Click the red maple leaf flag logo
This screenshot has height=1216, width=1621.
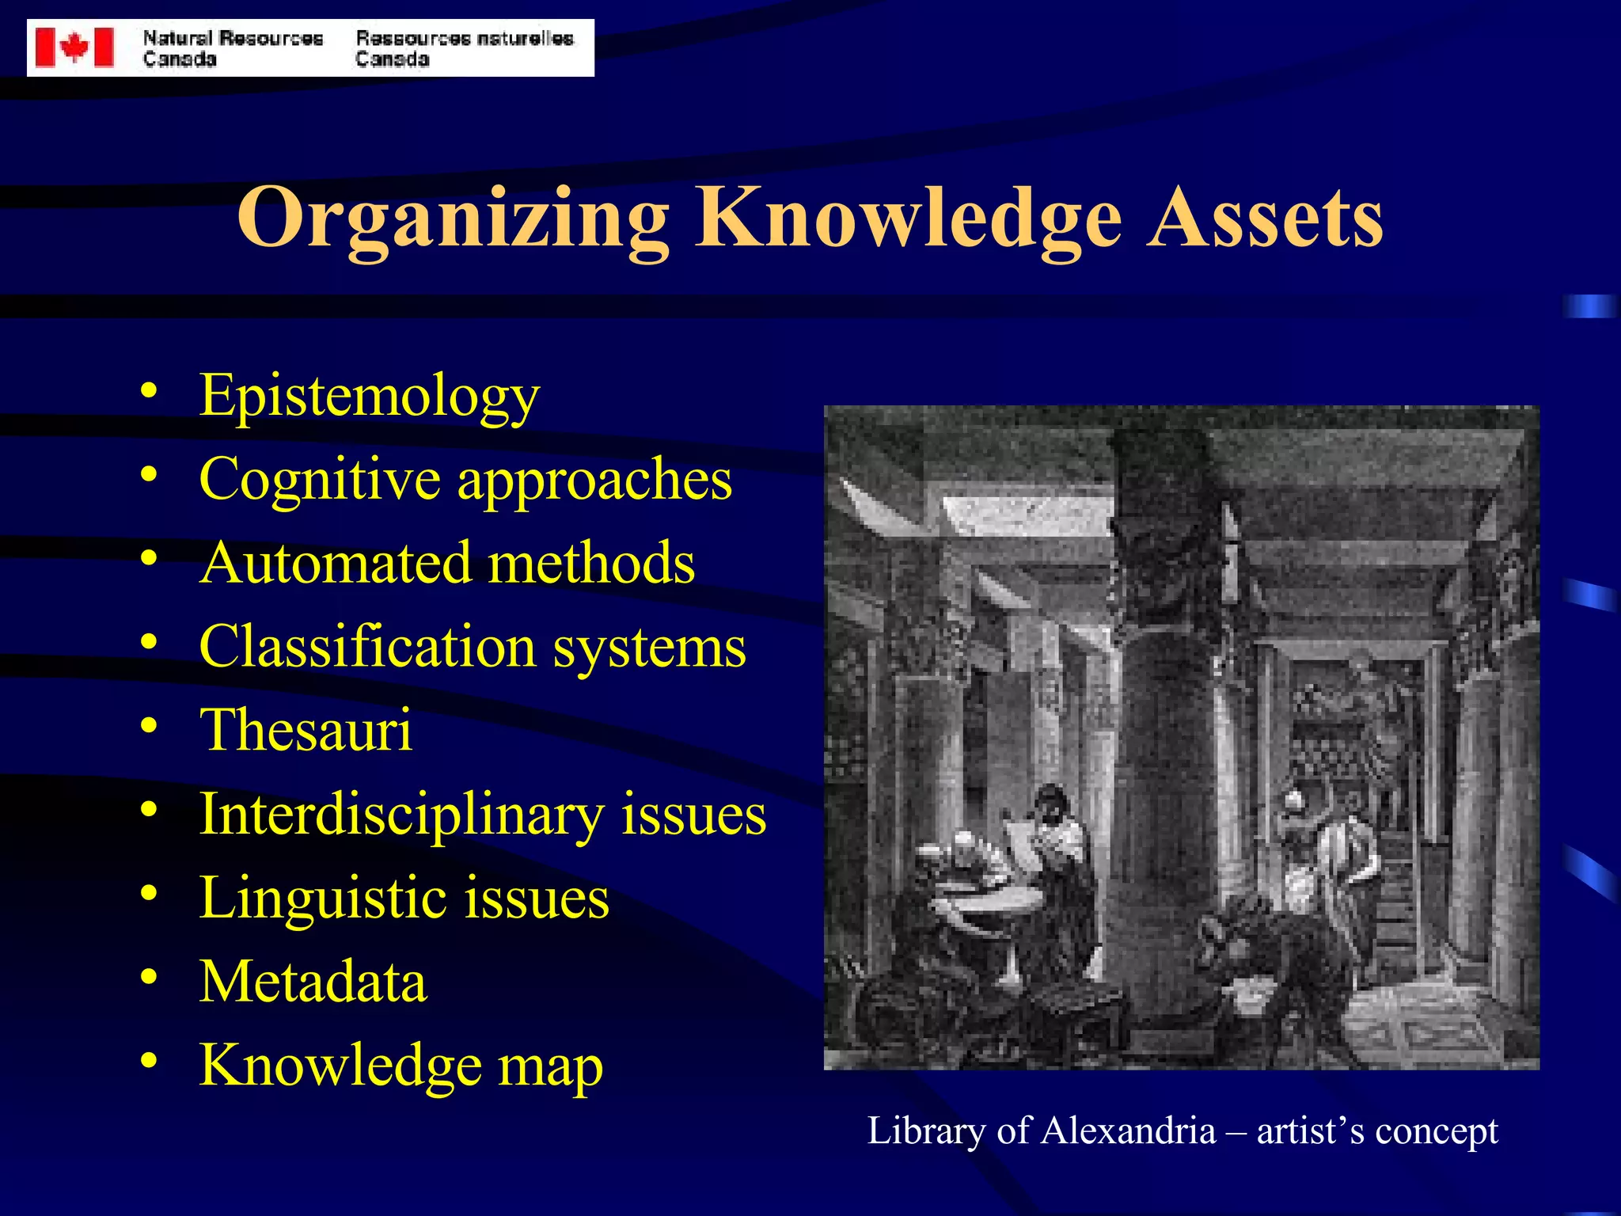coord(74,47)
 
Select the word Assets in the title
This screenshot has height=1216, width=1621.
coord(1266,218)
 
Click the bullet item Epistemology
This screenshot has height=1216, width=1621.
coord(369,396)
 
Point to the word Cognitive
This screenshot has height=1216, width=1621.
coord(319,480)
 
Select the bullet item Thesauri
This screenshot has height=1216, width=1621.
coord(306,730)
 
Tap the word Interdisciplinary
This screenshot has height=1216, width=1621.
coord(401,814)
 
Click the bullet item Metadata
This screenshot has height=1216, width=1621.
coord(313,982)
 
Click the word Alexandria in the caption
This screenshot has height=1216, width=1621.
coord(1128,1130)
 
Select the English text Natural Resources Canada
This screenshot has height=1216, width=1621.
coord(233,48)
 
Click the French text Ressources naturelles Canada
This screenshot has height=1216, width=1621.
coord(464,48)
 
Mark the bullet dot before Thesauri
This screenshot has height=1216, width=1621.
coord(149,725)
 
